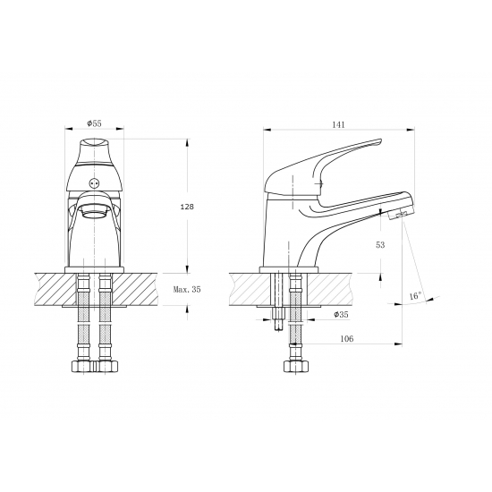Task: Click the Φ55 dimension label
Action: [95, 123]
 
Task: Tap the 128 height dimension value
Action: [187, 207]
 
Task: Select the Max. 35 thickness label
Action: [187, 289]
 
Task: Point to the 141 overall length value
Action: [338, 124]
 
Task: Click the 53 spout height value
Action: [380, 245]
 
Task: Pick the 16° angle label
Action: [415, 295]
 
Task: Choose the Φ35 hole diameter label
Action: [341, 314]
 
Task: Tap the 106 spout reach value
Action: [347, 338]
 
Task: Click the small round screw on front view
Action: [94, 182]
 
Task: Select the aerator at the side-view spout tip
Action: [398, 216]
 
